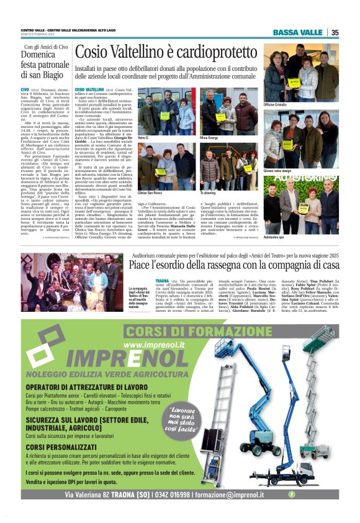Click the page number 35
click(335, 32)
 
